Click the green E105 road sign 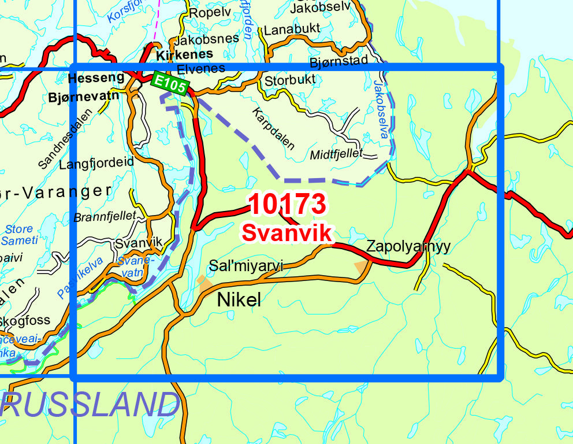170,84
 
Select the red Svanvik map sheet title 287,232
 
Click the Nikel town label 239,299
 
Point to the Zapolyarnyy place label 408,247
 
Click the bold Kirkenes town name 184,54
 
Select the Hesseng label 96,77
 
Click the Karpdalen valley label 273,128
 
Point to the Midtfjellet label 336,154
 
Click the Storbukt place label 289,80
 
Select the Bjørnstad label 338,61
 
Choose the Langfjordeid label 96,163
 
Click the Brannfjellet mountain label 105,217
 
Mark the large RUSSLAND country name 90,404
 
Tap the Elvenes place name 200,68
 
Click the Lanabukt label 292,29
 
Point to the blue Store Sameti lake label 20,235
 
